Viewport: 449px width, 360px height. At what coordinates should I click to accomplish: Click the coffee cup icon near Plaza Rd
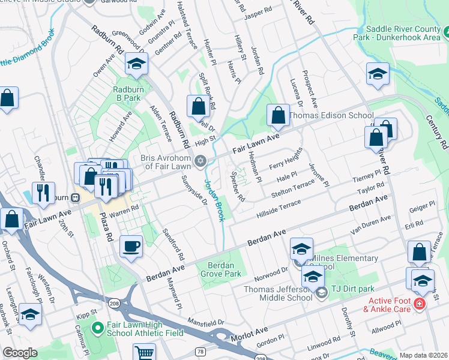131,246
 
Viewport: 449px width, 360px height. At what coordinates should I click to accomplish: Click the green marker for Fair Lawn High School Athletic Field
98,329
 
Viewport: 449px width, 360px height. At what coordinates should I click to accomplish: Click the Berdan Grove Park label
224,269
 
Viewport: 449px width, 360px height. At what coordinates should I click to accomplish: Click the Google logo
20,353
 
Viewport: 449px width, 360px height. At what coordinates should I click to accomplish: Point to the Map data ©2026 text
423,355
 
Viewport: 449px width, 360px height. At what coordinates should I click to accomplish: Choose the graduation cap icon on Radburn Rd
136,64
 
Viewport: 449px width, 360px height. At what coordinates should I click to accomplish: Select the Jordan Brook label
214,200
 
